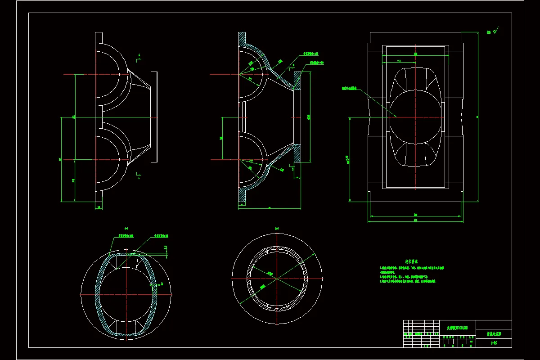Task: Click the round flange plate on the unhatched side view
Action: click(154, 117)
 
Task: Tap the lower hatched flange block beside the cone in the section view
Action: click(297, 153)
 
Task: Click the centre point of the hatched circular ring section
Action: click(277, 279)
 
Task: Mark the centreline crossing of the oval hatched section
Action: click(126, 294)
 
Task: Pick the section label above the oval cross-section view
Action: click(126, 228)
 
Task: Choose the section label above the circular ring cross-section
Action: click(277, 228)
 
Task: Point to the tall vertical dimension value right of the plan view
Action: click(477, 117)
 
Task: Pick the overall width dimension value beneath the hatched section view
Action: click(269, 208)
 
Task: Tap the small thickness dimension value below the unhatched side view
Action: click(99, 207)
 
